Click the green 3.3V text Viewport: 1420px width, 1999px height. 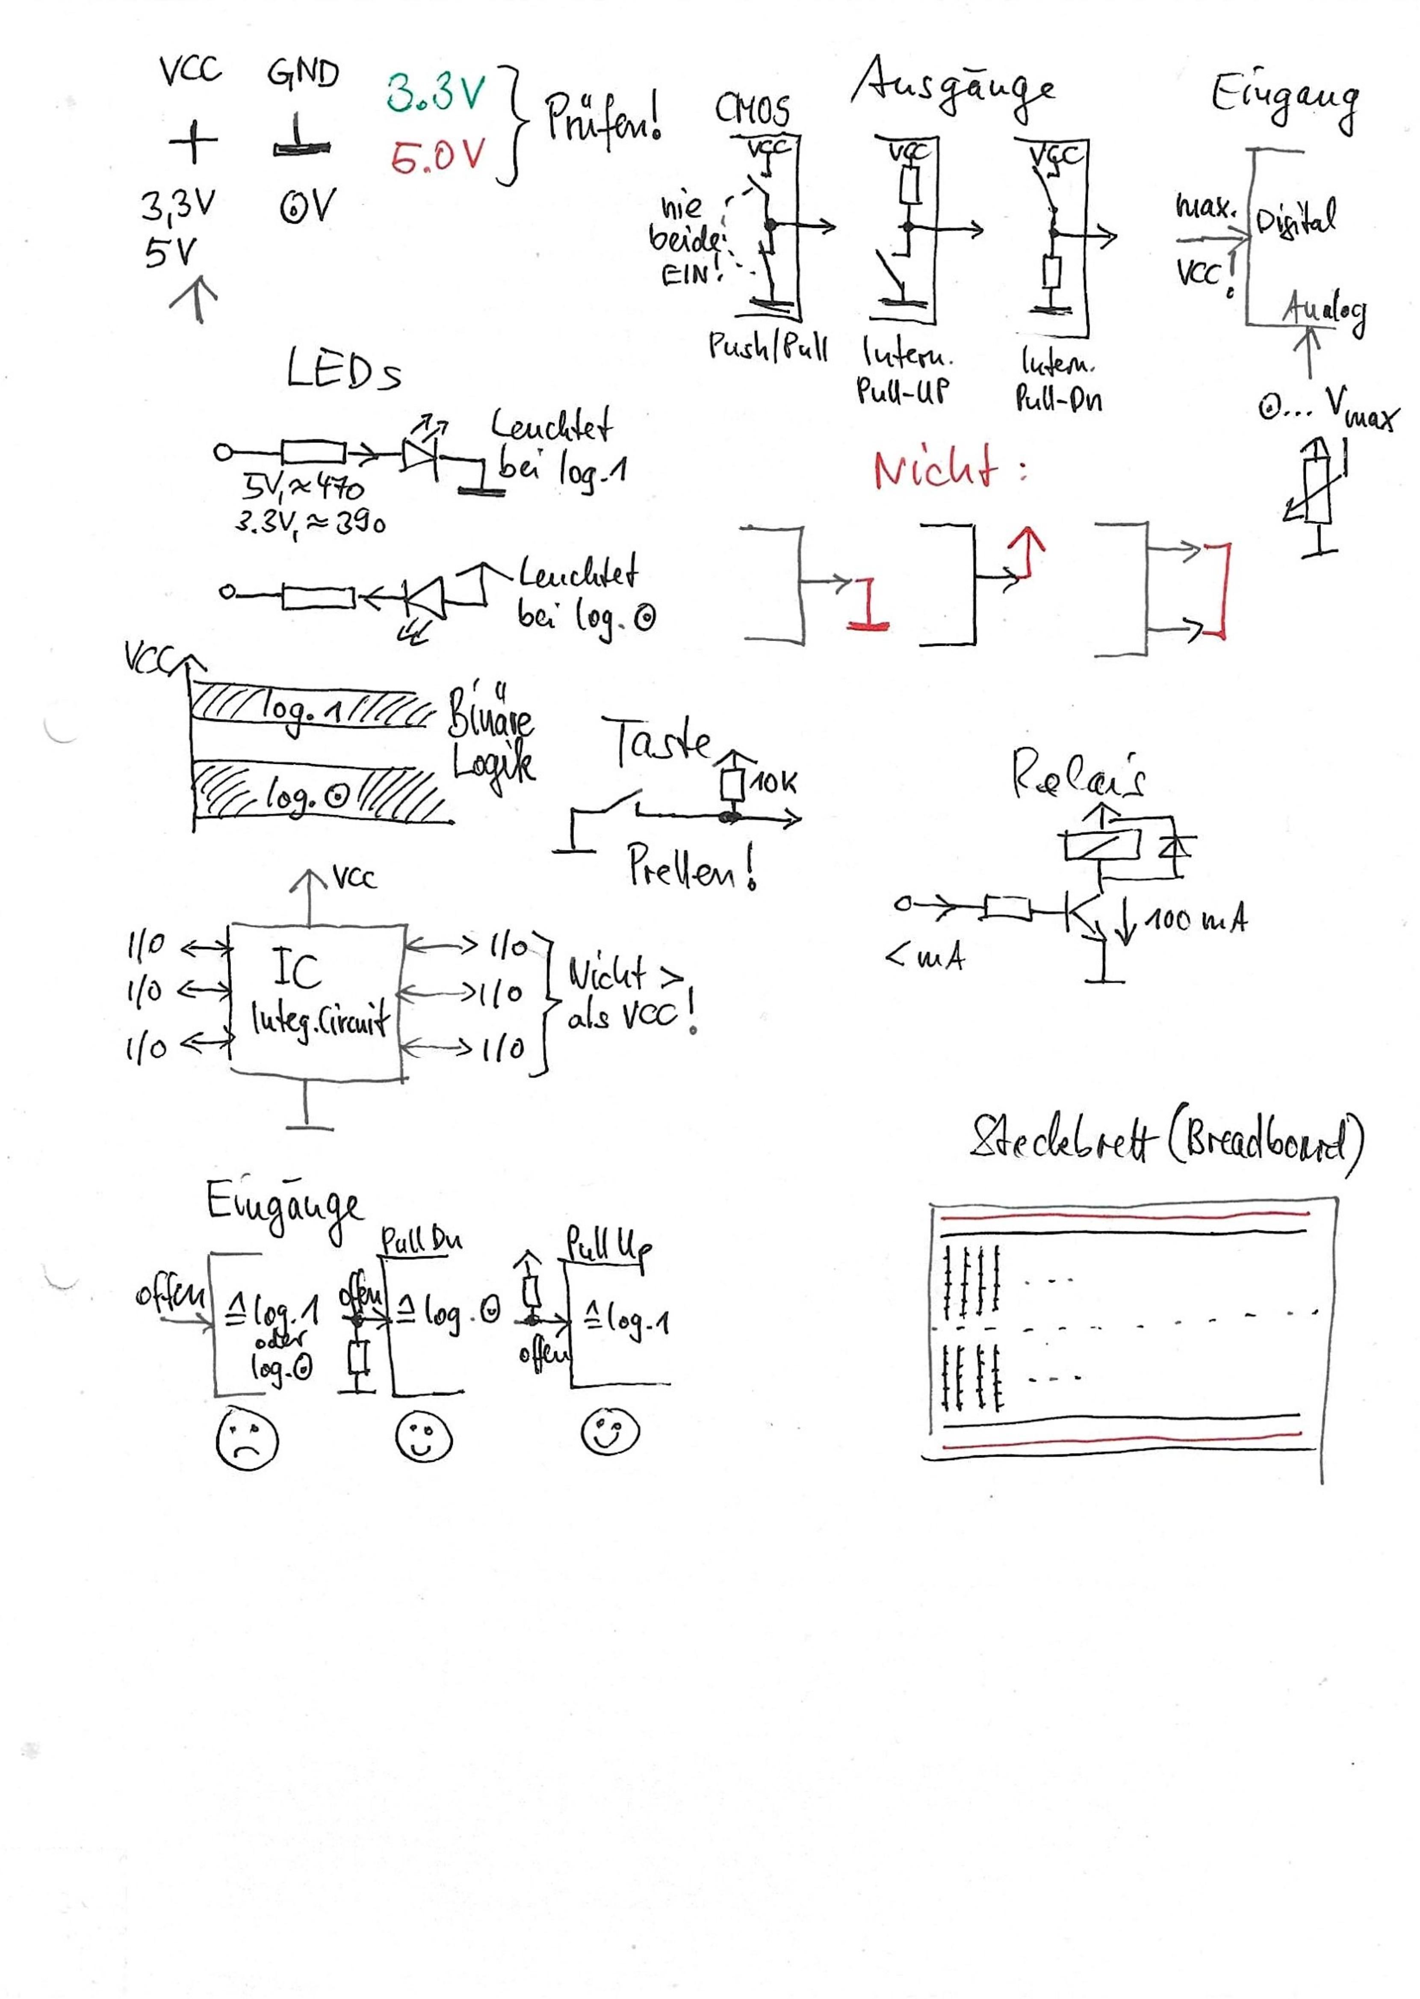(434, 93)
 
